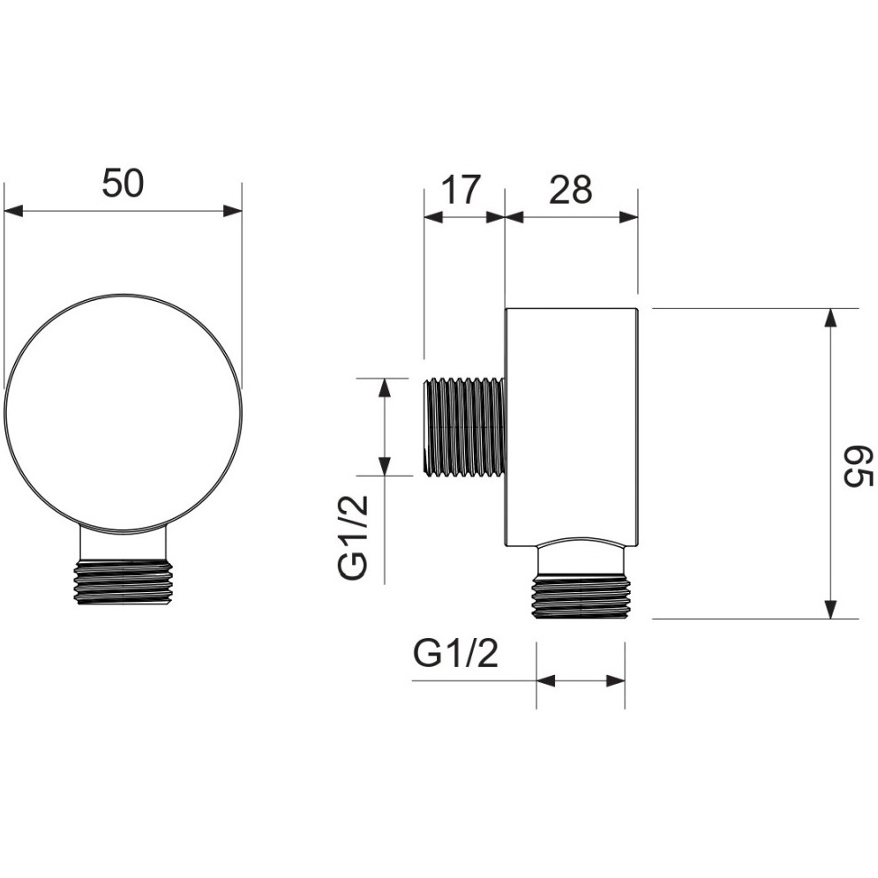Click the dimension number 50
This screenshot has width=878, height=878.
[124, 184]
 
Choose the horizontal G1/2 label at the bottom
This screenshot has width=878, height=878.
[456, 653]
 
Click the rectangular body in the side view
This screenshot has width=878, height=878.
[573, 427]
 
